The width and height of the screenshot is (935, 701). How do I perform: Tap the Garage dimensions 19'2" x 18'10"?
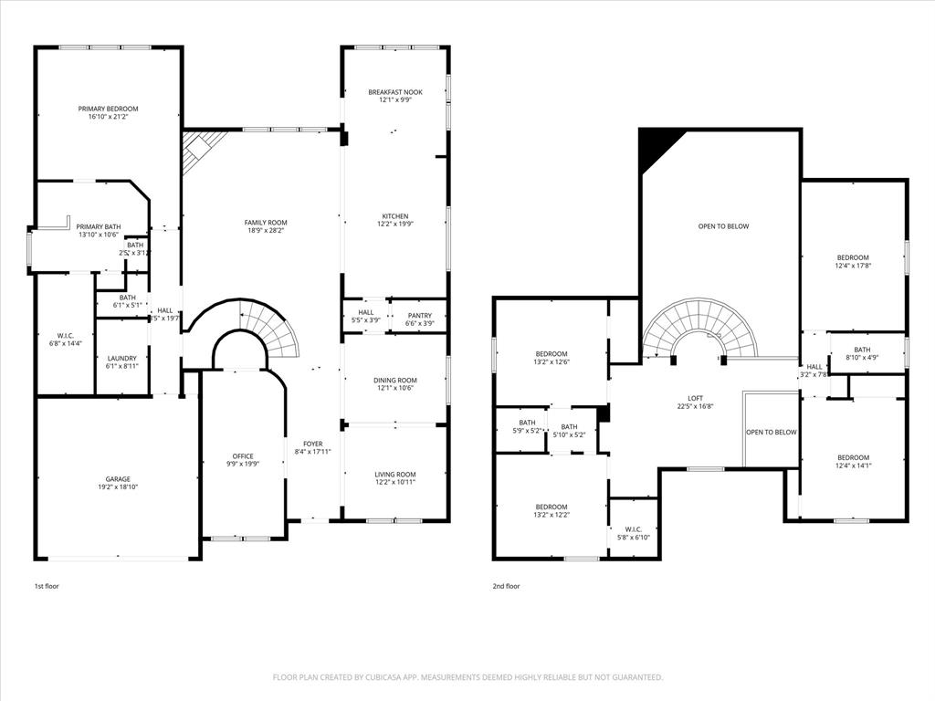(118, 487)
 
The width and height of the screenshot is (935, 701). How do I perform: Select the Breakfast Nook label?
(394, 92)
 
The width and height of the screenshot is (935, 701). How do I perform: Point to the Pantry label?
(419, 314)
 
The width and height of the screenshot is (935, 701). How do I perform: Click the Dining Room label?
(395, 380)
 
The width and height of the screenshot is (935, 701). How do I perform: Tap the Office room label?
(243, 456)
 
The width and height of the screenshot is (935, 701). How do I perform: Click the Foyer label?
(313, 444)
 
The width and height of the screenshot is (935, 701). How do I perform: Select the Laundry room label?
(121, 358)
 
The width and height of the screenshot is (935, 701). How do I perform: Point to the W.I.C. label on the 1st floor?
(65, 335)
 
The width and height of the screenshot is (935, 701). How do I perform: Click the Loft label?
(696, 397)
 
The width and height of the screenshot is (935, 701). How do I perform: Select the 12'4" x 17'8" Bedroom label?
(853, 257)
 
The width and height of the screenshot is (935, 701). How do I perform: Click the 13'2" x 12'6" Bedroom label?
(551, 354)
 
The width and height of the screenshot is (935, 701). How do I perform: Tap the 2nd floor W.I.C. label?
(634, 529)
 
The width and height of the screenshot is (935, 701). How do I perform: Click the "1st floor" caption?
(47, 586)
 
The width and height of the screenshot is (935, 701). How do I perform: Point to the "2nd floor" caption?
(506, 586)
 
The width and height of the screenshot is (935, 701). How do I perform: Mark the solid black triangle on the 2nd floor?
(655, 144)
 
